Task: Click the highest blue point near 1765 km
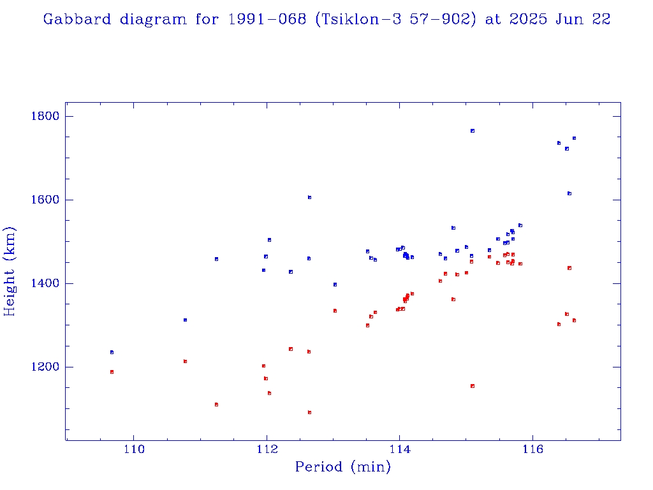point(472,131)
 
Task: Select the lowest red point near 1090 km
point(309,412)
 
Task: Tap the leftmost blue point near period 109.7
point(112,352)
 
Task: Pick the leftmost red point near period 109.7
point(112,372)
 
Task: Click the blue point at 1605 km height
point(309,197)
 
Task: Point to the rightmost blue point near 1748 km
point(574,138)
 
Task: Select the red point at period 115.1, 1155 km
point(472,386)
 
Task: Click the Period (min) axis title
point(342,468)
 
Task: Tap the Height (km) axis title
point(10,271)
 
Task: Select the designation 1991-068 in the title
point(262,19)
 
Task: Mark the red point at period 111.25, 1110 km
point(216,405)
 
